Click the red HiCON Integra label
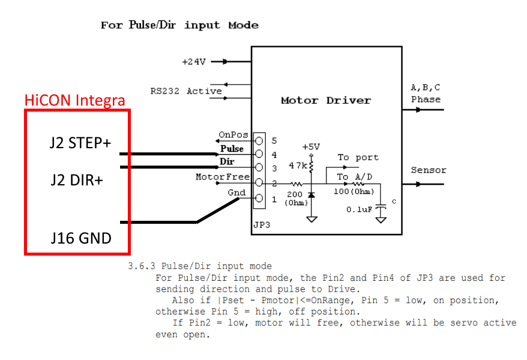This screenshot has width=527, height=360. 75,100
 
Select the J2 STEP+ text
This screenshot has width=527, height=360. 81,143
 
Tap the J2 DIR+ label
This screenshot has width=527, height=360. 76,179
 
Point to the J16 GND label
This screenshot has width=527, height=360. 81,238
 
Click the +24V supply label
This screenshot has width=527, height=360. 194,61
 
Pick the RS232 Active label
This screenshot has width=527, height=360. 186,91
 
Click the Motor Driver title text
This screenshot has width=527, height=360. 326,100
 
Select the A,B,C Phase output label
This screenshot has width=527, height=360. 426,94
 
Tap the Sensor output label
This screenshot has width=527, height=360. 429,170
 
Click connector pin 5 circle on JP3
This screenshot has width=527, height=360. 259,140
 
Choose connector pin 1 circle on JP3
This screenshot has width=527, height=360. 259,199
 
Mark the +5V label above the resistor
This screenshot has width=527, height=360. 312,146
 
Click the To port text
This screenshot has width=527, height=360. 358,157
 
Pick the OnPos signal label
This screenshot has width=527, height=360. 231,136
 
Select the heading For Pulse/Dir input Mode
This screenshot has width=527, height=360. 179,25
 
